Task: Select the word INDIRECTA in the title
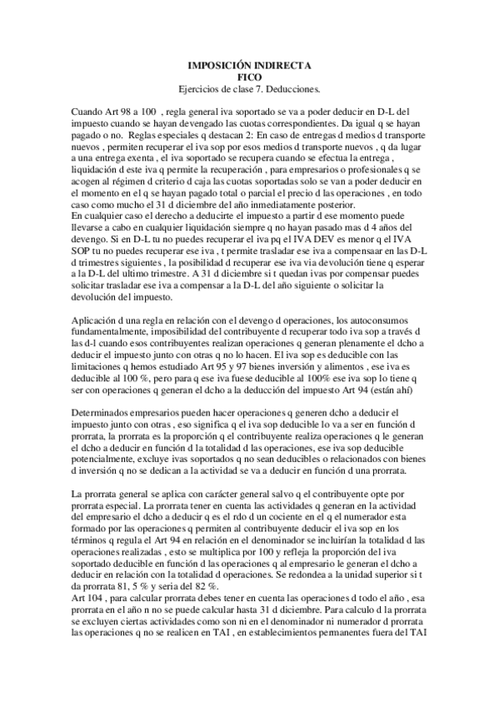click(x=282, y=63)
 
